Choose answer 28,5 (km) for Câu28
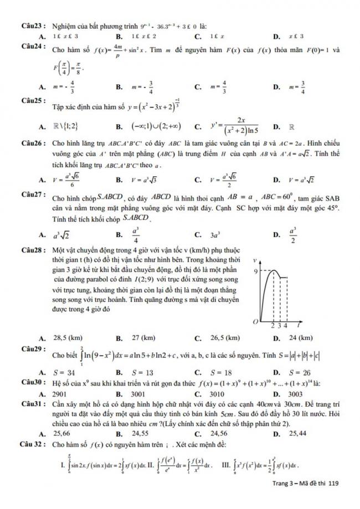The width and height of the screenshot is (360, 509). (x=69, y=338)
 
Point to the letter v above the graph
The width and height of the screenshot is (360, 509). (x=254, y=260)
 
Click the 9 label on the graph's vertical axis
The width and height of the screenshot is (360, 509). (x=256, y=271)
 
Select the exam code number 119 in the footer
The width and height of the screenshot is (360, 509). (x=333, y=498)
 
